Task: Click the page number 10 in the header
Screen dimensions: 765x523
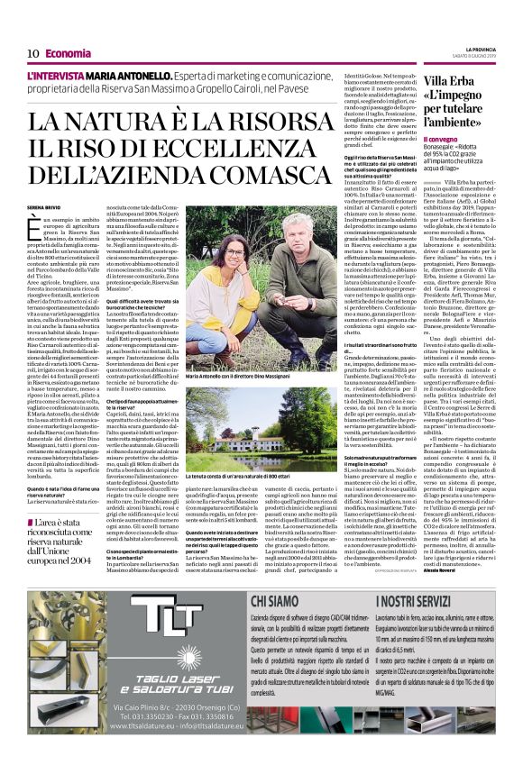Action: pyautogui.click(x=32, y=53)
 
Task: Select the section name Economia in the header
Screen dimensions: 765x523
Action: pyautogui.click(x=69, y=53)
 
